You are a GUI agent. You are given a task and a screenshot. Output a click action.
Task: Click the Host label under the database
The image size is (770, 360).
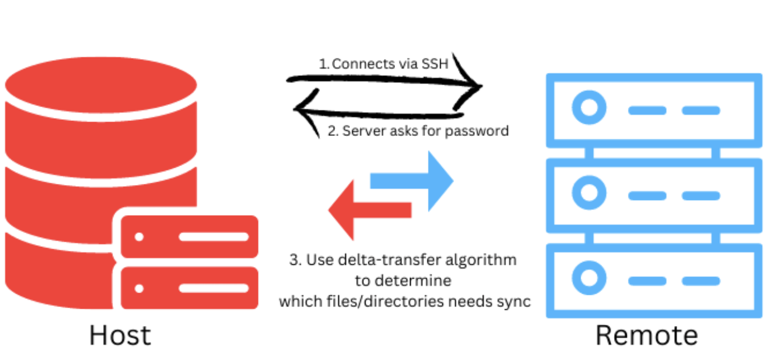120,335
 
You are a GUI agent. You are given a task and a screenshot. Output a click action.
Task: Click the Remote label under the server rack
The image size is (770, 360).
646,335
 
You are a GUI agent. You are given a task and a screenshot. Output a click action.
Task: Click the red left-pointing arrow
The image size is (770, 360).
368,210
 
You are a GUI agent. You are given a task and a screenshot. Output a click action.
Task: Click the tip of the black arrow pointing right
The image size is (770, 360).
480,86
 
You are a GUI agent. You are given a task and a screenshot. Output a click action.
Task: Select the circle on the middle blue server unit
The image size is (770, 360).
589,193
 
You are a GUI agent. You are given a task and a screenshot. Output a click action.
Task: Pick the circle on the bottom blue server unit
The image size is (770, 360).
589,278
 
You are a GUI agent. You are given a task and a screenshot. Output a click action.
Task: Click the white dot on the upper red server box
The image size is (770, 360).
139,237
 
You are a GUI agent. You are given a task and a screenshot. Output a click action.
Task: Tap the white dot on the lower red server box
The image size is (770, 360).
139,288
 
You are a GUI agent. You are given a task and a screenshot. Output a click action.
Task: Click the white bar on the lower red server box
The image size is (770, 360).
213,288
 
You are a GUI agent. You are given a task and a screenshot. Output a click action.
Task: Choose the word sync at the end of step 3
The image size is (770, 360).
516,301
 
